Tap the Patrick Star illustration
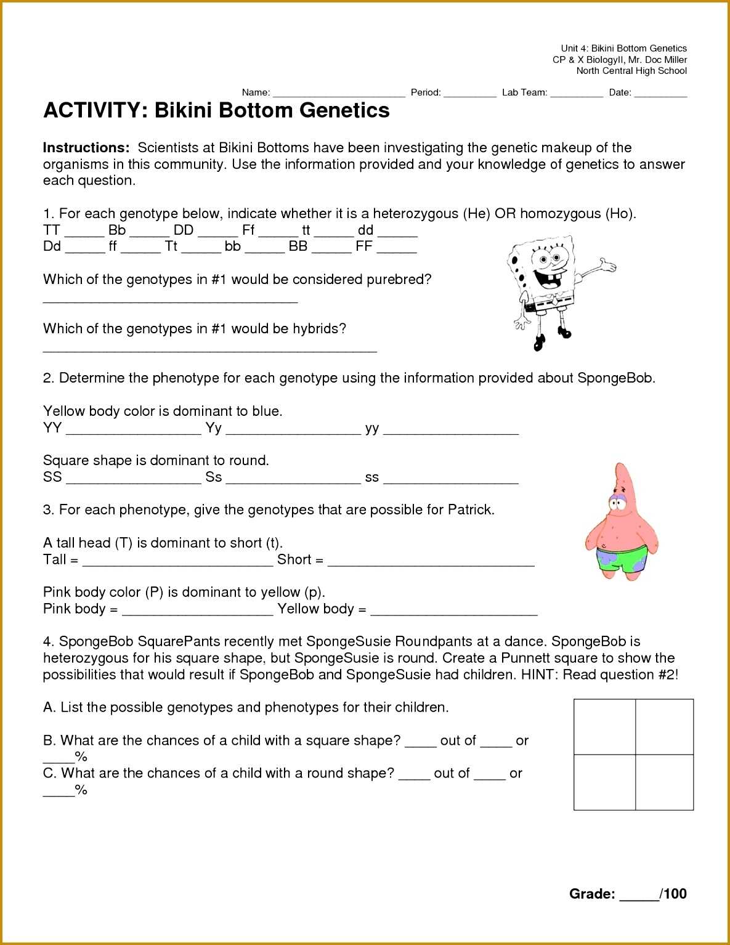[621, 524]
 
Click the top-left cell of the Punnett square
[604, 727]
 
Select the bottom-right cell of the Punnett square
[664, 782]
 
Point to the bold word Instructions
[86, 148]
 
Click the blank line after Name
[339, 94]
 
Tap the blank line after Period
[469, 94]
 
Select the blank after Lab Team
[576, 94]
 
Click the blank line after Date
[660, 94]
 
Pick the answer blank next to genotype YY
[133, 431]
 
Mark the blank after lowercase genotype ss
[450, 480]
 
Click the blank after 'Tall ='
[177, 562]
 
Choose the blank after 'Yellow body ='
[453, 611]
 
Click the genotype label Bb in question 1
[117, 230]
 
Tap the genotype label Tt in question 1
[171, 246]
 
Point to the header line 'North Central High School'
[631, 71]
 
